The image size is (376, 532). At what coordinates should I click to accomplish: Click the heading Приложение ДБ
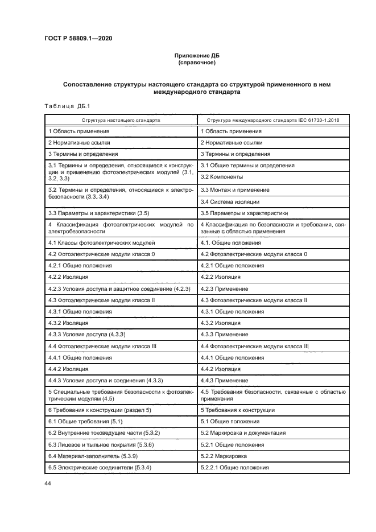coord(195,55)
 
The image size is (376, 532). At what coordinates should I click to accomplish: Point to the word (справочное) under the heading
coord(195,62)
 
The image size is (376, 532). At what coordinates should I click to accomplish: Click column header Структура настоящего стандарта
coord(121,120)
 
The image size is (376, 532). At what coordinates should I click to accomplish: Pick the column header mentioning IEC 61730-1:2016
coord(273,120)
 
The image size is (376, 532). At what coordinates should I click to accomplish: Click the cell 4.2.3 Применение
coord(224,289)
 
